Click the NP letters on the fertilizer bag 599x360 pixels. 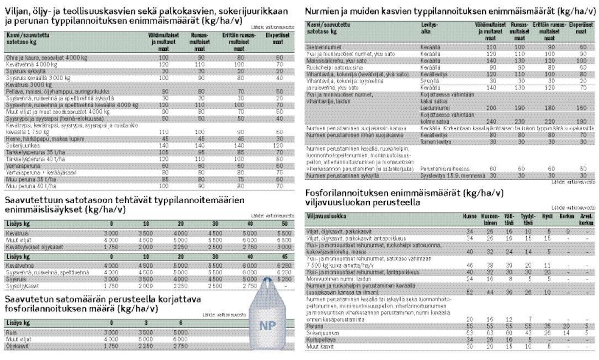point(268,326)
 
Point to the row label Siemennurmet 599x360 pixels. point(322,46)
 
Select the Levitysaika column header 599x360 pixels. point(429,27)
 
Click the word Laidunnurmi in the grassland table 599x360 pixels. point(434,109)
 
